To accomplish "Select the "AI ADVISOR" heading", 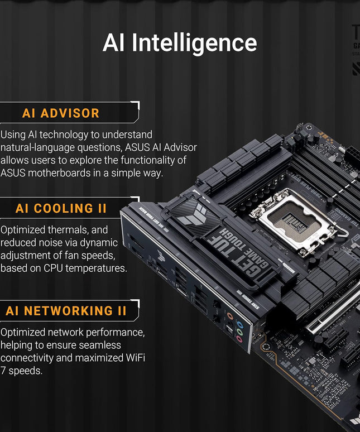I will (x=61, y=113).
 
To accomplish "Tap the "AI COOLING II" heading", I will (x=61, y=209).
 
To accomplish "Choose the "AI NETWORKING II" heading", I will (x=66, y=311).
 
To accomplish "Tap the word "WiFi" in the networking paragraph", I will (x=132, y=358).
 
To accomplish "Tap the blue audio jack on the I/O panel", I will (x=239, y=324).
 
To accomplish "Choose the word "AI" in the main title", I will (x=113, y=43).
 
